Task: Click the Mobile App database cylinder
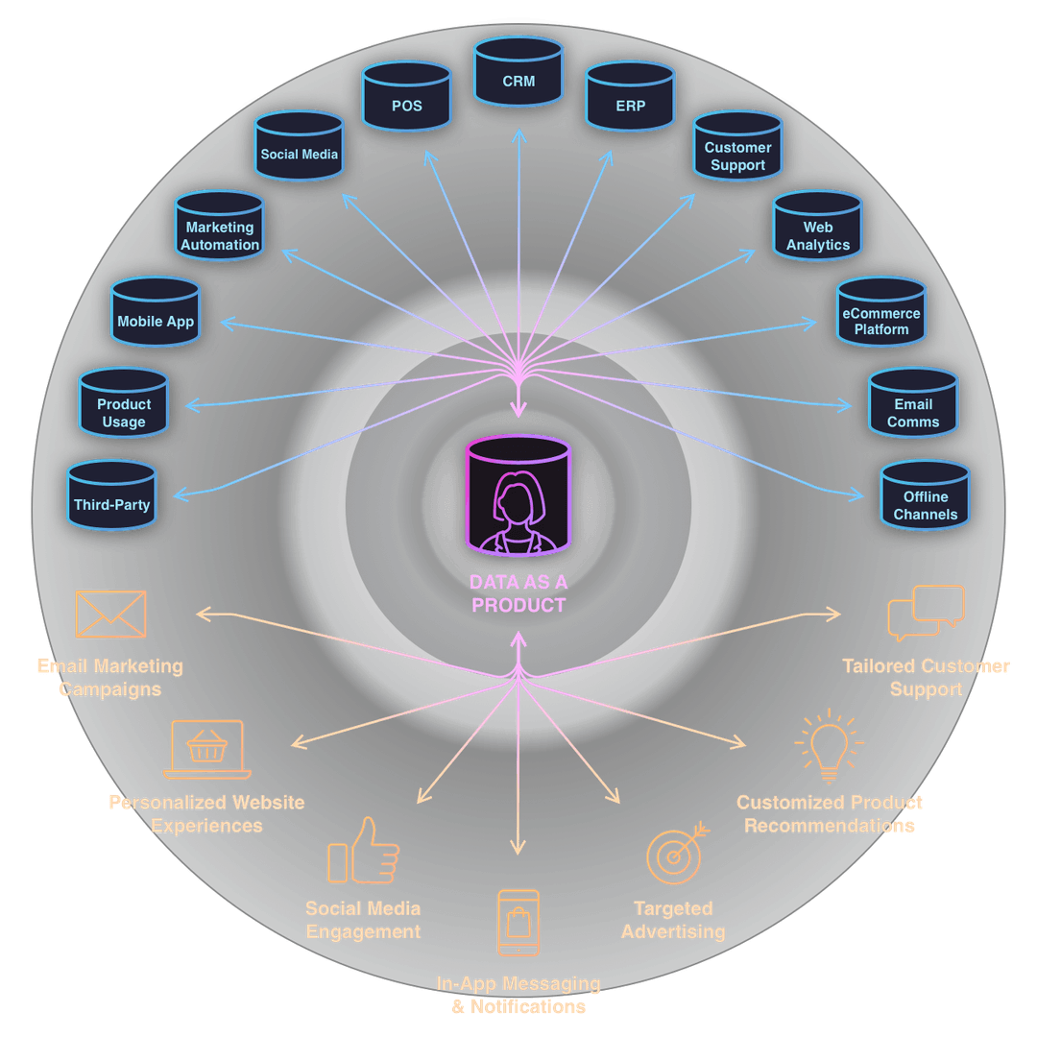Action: (x=155, y=316)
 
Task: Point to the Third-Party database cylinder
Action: (x=111, y=497)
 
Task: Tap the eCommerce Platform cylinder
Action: (x=880, y=316)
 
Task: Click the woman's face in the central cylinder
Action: (x=518, y=499)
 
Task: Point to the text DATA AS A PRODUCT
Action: (x=518, y=593)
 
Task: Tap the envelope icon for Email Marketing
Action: (x=110, y=615)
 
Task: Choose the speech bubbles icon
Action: (x=926, y=614)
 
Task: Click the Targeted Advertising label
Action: (x=673, y=920)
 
